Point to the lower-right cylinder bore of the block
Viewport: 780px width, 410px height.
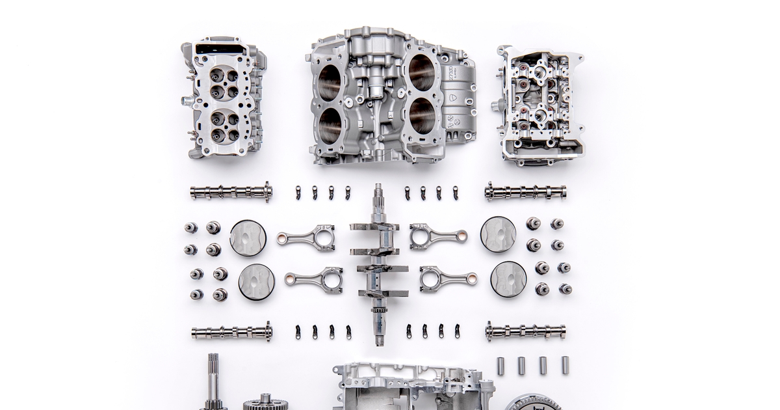[422, 116]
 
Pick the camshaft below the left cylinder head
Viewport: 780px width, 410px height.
[231, 192]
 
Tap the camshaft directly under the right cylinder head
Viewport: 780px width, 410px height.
[525, 192]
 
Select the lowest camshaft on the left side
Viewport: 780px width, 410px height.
[231, 332]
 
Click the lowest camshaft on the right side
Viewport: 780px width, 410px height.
[525, 331]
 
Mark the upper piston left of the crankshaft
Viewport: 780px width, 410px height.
[248, 238]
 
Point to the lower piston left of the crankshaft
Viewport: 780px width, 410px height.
[256, 282]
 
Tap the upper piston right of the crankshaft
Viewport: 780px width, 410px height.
[499, 234]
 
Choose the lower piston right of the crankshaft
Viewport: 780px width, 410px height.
[508, 279]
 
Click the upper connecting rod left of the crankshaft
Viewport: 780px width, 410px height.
[306, 238]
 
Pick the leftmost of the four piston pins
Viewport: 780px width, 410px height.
[500, 366]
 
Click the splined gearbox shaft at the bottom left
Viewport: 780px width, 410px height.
[213, 384]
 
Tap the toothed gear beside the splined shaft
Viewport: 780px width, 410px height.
[265, 402]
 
